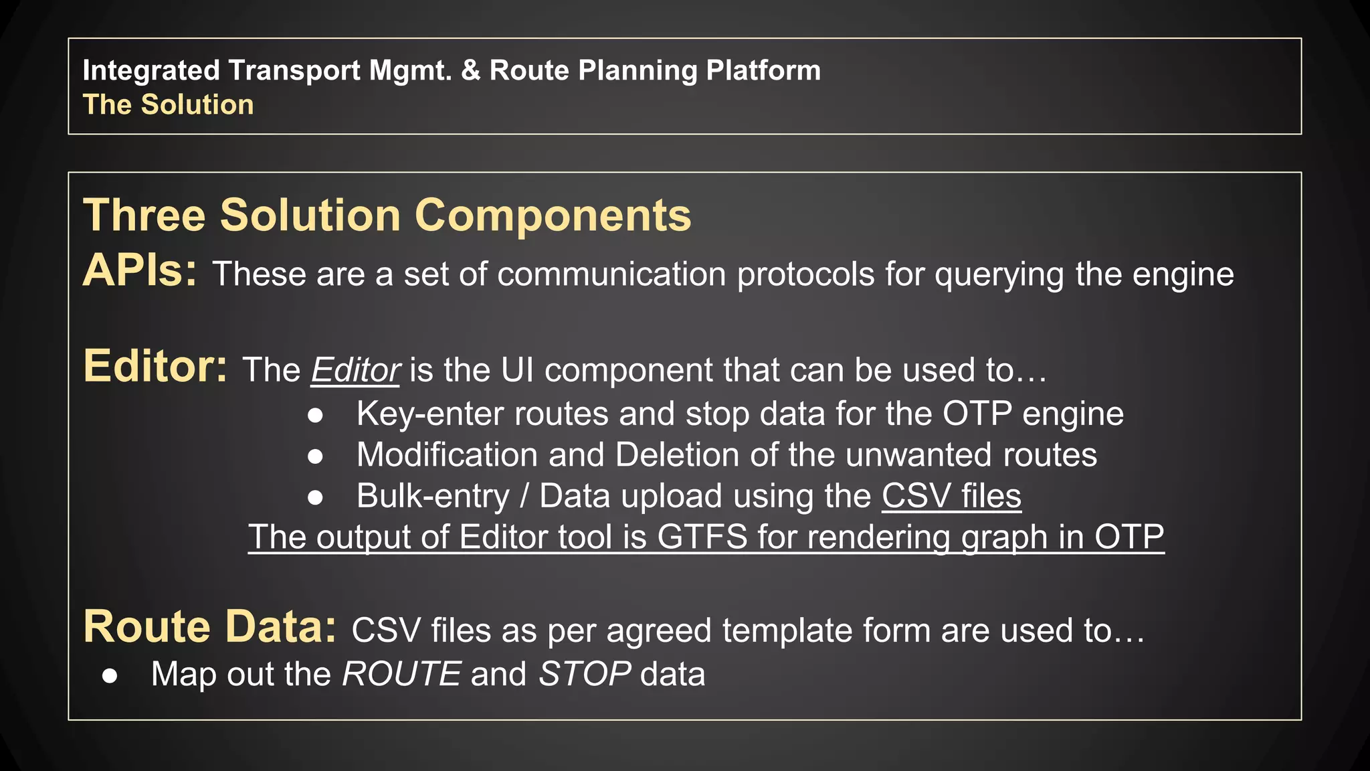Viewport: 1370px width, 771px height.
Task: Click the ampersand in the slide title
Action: tap(471, 70)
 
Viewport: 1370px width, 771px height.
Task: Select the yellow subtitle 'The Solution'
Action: tap(168, 105)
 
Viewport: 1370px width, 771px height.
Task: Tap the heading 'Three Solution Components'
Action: tap(387, 216)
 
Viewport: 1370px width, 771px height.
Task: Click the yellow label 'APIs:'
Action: tap(140, 271)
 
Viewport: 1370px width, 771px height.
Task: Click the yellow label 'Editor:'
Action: tap(155, 367)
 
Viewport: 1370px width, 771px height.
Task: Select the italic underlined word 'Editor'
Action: tap(355, 370)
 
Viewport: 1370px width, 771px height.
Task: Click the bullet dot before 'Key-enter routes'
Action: tap(315, 416)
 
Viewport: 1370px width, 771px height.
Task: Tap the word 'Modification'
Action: tap(447, 455)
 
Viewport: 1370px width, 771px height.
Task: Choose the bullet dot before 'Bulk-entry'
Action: tap(315, 497)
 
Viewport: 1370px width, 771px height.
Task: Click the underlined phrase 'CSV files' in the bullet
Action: tap(951, 497)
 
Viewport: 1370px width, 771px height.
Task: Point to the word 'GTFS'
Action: tap(702, 537)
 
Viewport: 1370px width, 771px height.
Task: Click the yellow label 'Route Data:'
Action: tap(209, 627)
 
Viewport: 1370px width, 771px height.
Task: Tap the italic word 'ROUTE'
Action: tap(401, 674)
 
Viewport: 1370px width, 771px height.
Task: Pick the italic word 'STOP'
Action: tap(584, 674)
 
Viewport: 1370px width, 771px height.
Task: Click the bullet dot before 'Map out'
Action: tap(110, 676)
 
